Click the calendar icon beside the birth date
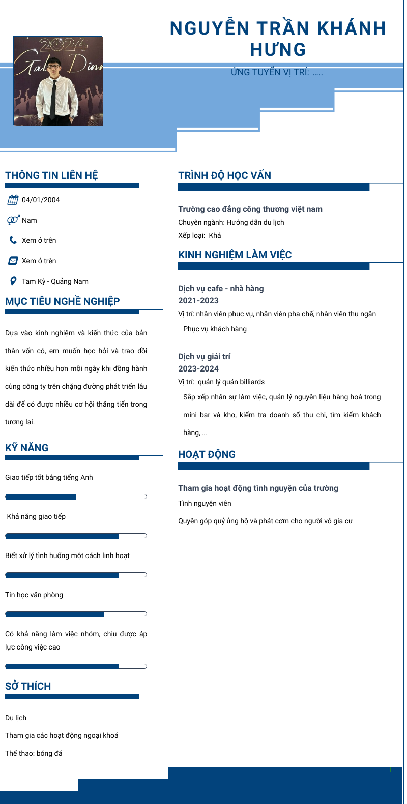(x=13, y=200)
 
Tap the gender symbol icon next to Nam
(x=13, y=220)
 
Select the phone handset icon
(x=13, y=240)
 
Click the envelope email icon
(x=13, y=261)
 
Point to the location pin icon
(x=13, y=281)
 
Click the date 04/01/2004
(x=41, y=200)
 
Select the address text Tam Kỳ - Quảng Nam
(x=55, y=281)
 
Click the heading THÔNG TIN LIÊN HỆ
(x=51, y=175)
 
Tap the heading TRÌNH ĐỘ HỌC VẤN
(x=224, y=175)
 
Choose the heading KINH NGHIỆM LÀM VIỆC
(x=235, y=255)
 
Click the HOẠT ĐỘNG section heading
(x=207, y=454)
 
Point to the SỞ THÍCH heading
(x=28, y=686)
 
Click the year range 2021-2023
(x=198, y=301)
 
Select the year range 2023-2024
(x=198, y=369)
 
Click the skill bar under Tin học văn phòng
(x=76, y=614)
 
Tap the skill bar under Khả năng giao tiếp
(x=76, y=536)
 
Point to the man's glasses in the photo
(x=53, y=67)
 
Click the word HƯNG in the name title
(x=278, y=50)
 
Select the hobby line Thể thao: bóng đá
(x=34, y=753)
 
